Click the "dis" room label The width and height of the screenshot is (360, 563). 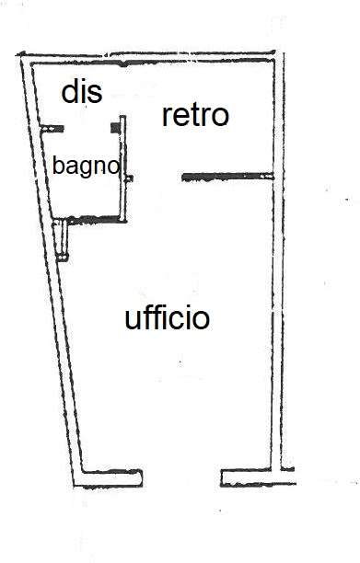81,92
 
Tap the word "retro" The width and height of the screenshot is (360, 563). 195,116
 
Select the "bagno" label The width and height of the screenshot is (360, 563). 86,167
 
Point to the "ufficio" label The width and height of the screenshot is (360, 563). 167,319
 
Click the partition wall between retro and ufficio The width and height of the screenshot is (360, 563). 228,175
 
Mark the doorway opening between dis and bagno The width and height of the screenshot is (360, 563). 87,127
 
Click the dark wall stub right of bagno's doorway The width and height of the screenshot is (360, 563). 116,126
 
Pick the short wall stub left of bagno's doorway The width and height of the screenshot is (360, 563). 55,127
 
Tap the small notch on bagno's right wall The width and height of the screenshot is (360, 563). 130,177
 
